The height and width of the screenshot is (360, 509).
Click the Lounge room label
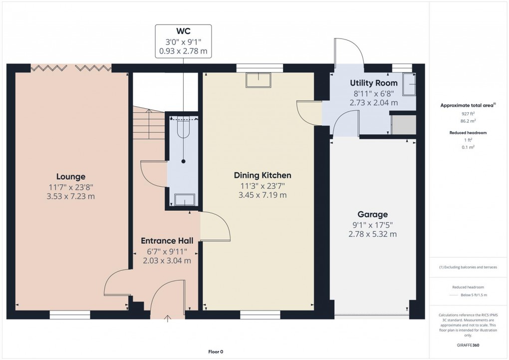pos(70,176)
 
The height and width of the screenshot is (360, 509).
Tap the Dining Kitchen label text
pos(262,175)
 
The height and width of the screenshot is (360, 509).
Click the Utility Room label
pos(374,83)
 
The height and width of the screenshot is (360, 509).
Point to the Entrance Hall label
pos(167,241)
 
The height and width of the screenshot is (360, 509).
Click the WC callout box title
pos(183,31)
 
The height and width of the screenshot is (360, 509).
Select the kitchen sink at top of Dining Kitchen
pos(258,80)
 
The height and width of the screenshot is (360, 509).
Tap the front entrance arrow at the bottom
pos(167,319)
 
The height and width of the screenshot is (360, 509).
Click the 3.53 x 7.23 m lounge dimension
pos(70,196)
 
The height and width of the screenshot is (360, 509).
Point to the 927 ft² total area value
pos(467,114)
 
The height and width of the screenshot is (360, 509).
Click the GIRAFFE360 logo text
pos(467,345)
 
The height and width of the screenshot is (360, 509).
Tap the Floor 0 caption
pos(216,352)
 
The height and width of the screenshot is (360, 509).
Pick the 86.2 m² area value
pos(467,121)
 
